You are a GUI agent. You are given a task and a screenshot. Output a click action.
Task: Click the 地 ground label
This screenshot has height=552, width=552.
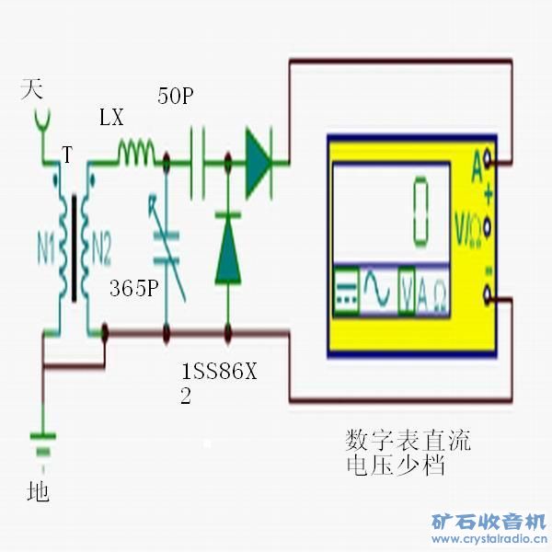39,492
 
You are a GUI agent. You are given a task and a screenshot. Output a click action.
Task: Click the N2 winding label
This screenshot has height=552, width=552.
100,247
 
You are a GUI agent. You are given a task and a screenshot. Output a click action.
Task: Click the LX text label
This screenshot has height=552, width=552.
111,118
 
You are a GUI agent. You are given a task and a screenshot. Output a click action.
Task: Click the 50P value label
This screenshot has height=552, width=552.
175,97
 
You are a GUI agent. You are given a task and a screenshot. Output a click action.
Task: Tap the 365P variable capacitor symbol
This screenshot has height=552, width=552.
168,248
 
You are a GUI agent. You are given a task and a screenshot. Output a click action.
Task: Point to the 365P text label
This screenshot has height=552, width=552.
134,288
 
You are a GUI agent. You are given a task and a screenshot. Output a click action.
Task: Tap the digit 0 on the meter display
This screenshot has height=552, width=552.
422,212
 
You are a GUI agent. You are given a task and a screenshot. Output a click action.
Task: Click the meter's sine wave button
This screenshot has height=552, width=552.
378,293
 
